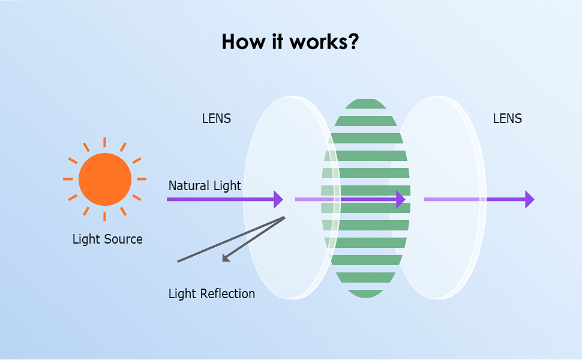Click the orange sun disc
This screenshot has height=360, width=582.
click(105, 179)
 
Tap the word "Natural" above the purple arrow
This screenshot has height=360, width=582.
click(190, 185)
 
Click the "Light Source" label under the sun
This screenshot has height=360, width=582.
click(107, 239)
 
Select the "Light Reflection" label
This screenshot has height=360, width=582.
click(212, 293)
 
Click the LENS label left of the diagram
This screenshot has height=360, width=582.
click(217, 118)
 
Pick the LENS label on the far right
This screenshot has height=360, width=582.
click(508, 118)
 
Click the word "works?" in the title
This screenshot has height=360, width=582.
click(324, 42)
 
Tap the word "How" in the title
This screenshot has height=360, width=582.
click(244, 41)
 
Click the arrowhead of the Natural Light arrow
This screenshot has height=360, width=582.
click(278, 199)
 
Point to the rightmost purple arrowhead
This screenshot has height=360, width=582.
click(530, 199)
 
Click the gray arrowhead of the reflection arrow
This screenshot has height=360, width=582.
click(226, 258)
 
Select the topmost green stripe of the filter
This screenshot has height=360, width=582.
click(365, 104)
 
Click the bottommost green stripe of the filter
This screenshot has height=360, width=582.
click(365, 294)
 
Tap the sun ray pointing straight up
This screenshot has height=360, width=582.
click(104, 142)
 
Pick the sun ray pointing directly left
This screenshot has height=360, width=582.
click(68, 179)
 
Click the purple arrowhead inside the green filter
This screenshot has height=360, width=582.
click(401, 199)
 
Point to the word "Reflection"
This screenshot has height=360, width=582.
click(227, 293)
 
